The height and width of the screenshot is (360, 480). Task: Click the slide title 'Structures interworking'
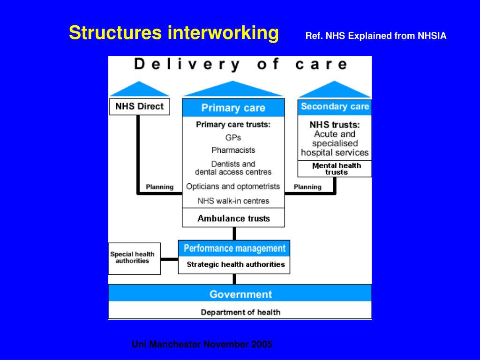pyautogui.click(x=174, y=33)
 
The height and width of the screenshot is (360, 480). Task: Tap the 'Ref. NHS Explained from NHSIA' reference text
pyautogui.click(x=376, y=36)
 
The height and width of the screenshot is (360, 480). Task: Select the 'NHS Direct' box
pyautogui.click(x=139, y=106)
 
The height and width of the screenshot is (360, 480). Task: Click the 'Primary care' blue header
pyautogui.click(x=233, y=108)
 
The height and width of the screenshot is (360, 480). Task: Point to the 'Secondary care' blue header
pyautogui.click(x=335, y=106)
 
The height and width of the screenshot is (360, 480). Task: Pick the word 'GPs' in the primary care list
pyautogui.click(x=233, y=138)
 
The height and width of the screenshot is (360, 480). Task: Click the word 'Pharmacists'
pyautogui.click(x=233, y=150)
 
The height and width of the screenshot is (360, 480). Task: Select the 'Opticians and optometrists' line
pyautogui.click(x=233, y=186)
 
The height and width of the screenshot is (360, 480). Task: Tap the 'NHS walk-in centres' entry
pyautogui.click(x=233, y=201)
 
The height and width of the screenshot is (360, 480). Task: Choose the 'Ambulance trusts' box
pyautogui.click(x=233, y=218)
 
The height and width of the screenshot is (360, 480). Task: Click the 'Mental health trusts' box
pyautogui.click(x=336, y=169)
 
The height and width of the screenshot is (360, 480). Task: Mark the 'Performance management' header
pyautogui.click(x=234, y=248)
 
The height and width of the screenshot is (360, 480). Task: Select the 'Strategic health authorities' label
pyautogui.click(x=235, y=264)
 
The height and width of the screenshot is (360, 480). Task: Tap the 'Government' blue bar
pyautogui.click(x=240, y=294)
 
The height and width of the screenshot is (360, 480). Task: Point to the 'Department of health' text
pyautogui.click(x=240, y=312)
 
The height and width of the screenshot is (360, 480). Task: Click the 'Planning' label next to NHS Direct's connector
pyautogui.click(x=159, y=187)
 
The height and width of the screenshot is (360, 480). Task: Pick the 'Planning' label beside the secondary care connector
pyautogui.click(x=307, y=187)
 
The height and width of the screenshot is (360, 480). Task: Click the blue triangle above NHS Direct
pyautogui.click(x=139, y=90)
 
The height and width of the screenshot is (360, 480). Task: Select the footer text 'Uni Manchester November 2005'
pyautogui.click(x=202, y=345)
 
